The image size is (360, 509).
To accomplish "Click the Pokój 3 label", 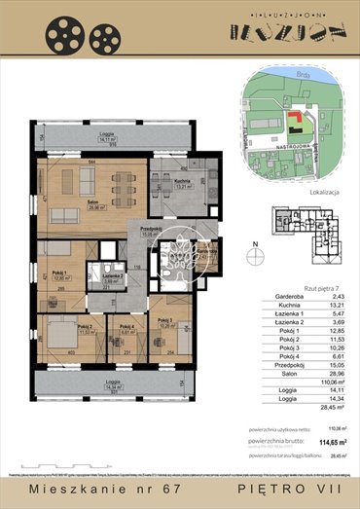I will click(164, 322).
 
